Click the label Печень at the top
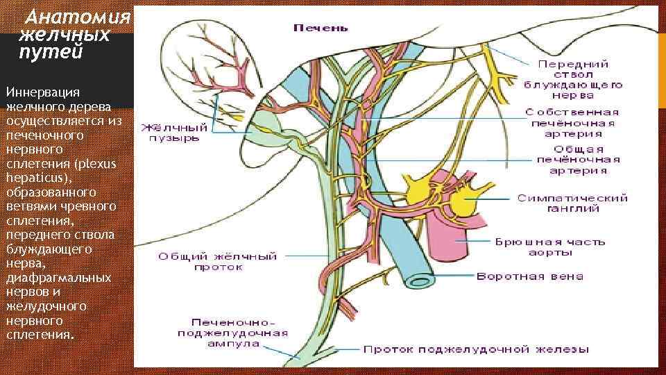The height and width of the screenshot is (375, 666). pyautogui.click(x=320, y=28)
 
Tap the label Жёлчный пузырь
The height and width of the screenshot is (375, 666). pyautogui.click(x=175, y=133)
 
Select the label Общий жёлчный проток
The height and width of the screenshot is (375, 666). pyautogui.click(x=217, y=262)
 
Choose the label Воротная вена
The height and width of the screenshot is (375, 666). pyautogui.click(x=529, y=276)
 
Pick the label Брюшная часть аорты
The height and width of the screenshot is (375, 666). pyautogui.click(x=549, y=247)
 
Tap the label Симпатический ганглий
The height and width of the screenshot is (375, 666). pyautogui.click(x=572, y=203)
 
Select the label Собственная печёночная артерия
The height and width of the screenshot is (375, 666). pyautogui.click(x=572, y=122)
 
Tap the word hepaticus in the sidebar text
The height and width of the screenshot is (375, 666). pyautogui.click(x=31, y=177)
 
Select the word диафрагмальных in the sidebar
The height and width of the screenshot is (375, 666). pyautogui.click(x=58, y=277)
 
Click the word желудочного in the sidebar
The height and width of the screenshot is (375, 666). pyautogui.click(x=45, y=306)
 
